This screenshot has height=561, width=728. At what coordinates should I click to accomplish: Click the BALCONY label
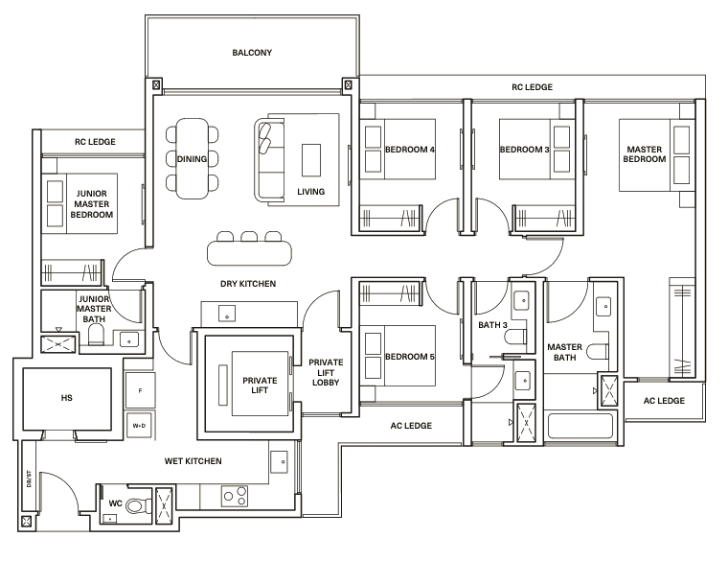[x=252, y=53]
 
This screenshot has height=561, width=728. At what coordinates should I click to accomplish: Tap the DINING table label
[x=192, y=159]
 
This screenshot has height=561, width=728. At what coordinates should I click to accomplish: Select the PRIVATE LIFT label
[x=260, y=386]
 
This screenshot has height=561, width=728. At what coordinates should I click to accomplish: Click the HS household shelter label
[x=66, y=398]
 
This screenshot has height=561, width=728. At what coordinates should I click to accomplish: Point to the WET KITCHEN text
[x=193, y=461]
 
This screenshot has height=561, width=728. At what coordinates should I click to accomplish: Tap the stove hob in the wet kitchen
[x=235, y=496]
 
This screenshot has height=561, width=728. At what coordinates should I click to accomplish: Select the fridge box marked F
[x=140, y=391]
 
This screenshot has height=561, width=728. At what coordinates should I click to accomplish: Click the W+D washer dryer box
[x=139, y=425]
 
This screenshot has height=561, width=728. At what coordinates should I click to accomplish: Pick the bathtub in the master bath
[x=580, y=425]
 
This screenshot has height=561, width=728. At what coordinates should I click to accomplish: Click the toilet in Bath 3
[x=515, y=337]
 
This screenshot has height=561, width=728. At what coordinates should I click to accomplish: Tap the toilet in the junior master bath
[x=96, y=334]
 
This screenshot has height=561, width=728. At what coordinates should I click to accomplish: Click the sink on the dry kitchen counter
[x=227, y=314]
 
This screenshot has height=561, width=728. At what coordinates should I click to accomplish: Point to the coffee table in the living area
[x=311, y=160]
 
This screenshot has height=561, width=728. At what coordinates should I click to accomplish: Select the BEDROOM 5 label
[x=410, y=357]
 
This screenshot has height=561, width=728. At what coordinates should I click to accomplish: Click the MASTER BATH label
[x=564, y=352]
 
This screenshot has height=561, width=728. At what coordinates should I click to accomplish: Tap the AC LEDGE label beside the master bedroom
[x=664, y=401]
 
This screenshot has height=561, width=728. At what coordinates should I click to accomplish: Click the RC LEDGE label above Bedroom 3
[x=532, y=87]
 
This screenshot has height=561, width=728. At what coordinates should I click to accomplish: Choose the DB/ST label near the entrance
[x=29, y=479]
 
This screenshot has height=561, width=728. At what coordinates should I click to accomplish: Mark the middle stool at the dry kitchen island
[x=249, y=237]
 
